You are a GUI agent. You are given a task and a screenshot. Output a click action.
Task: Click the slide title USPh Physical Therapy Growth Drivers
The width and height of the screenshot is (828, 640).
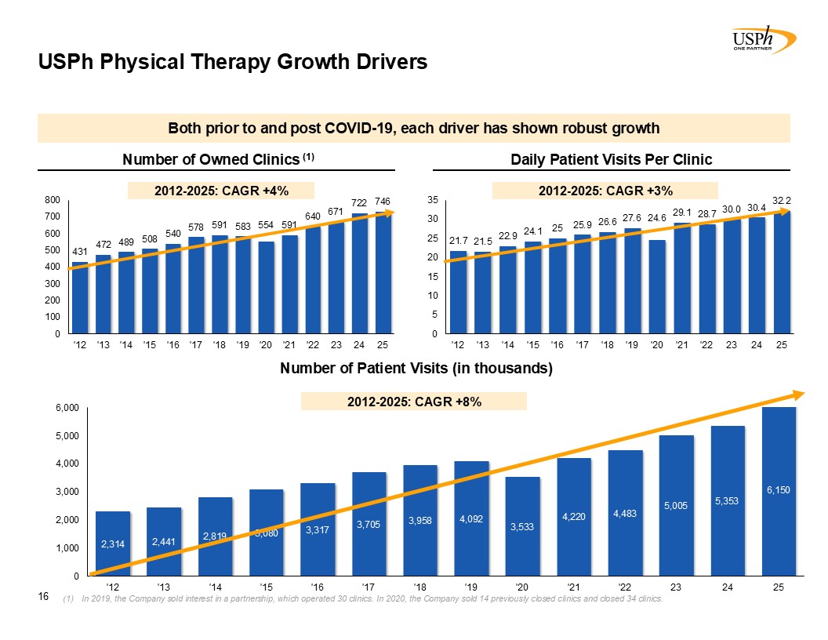[234, 62]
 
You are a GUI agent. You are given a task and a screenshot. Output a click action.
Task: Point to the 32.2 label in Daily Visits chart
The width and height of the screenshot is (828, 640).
[781, 201]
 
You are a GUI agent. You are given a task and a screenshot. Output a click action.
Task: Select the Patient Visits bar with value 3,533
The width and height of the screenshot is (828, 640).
[523, 525]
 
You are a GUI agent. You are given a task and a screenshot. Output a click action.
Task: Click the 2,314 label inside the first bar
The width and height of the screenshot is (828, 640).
[112, 544]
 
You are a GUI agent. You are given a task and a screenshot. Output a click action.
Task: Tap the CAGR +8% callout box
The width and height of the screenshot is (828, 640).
[414, 402]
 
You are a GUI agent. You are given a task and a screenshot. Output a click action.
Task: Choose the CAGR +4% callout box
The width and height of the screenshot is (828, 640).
[222, 190]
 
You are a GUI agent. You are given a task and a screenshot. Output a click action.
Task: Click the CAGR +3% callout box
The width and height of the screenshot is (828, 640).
[605, 190]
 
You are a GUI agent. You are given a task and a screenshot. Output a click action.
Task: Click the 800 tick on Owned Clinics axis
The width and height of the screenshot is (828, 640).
[53, 200]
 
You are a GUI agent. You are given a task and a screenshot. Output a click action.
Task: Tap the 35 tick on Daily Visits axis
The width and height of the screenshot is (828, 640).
[433, 200]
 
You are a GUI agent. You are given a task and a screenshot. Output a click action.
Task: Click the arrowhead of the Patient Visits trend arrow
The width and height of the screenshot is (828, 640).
[797, 395]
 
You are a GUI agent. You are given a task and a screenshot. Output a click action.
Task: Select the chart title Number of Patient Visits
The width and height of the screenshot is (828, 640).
[416, 369]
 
